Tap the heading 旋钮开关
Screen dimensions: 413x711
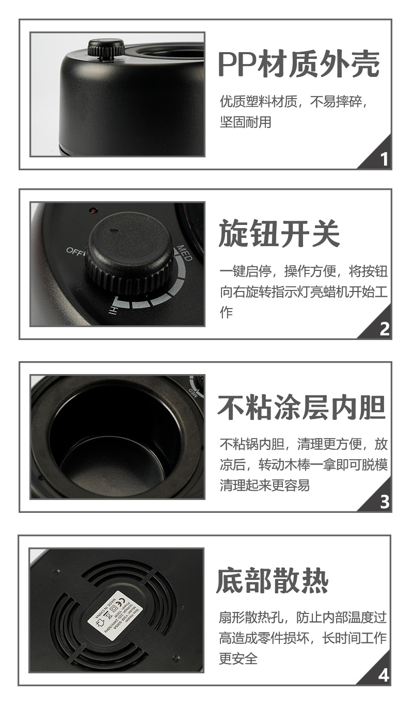(279, 233)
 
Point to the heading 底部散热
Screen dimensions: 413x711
(272, 580)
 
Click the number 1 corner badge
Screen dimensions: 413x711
(383, 159)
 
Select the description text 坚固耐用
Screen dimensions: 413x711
(245, 122)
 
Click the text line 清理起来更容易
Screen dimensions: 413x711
(264, 486)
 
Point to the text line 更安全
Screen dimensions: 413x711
(238, 658)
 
